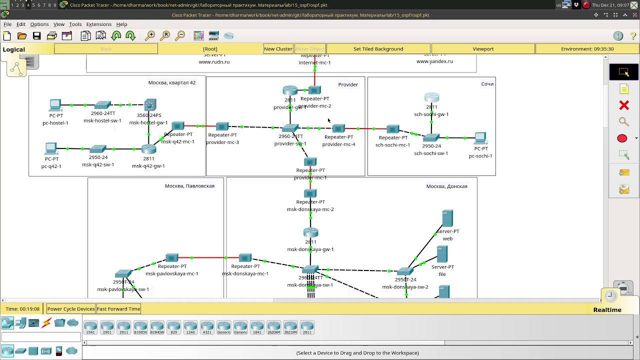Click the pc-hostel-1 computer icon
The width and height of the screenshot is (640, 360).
[55, 105]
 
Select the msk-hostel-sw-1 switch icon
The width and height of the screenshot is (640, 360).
[102, 105]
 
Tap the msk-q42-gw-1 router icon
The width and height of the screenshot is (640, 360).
[148, 148]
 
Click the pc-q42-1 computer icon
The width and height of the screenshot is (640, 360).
[51, 148]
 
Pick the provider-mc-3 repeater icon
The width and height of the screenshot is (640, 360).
[222, 126]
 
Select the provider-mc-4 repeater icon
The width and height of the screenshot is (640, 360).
[338, 128]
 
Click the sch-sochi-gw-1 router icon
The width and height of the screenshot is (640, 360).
[431, 97]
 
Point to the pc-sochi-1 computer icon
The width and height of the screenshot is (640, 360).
[480, 137]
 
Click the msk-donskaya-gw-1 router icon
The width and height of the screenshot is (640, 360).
[310, 232]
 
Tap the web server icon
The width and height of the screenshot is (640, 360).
[447, 218]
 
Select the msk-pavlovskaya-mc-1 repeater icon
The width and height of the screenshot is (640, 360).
[171, 258]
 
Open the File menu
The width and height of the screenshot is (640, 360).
[7, 24]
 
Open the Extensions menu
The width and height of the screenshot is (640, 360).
[98, 24]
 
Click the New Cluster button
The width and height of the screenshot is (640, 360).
[278, 49]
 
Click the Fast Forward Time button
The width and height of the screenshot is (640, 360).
[118, 309]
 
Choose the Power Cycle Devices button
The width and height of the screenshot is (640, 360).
[71, 309]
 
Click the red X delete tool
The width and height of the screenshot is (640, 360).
[623, 105]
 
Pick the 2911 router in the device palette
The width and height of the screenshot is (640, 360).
[123, 327]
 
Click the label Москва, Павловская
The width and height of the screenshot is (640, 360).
[189, 186]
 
